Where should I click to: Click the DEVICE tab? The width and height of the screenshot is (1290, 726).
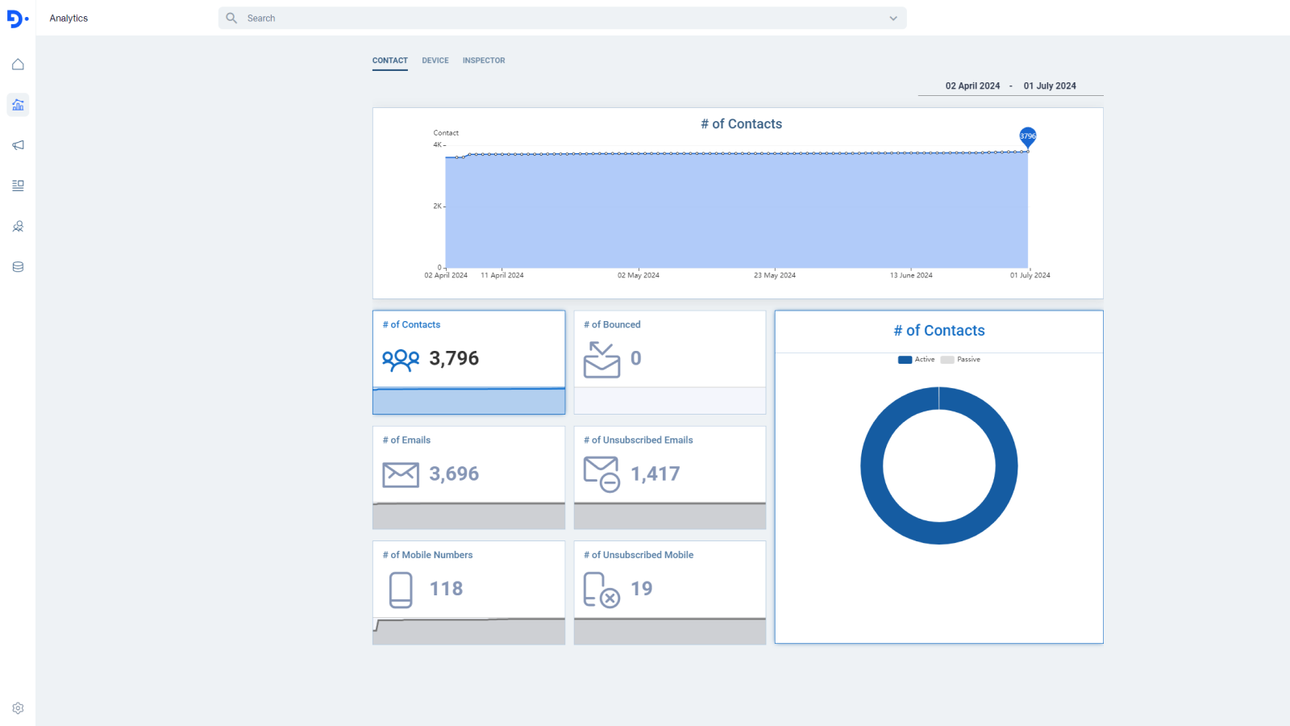coord(435,60)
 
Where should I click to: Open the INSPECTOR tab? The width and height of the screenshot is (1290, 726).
coord(484,60)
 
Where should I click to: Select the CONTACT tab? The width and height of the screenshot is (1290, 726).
coord(389,60)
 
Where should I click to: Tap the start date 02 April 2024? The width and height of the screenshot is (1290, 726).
coord(972,86)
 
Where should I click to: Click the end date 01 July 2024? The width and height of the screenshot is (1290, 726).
coord(1050,86)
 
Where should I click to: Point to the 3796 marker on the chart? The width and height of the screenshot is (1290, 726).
coord(1027,136)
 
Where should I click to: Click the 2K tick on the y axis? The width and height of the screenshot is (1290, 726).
coord(438,206)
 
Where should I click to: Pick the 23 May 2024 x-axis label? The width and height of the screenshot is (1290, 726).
coord(774,275)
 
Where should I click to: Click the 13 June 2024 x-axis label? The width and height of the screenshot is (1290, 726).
coord(911,275)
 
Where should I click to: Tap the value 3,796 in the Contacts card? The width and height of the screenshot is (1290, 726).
coord(454,358)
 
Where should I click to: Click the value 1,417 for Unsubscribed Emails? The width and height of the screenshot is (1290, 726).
coord(655,474)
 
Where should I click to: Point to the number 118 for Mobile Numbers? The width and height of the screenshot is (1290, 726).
coord(446,589)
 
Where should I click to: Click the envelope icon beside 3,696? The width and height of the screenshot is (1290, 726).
coord(401,474)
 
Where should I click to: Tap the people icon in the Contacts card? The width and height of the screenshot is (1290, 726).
coord(401,360)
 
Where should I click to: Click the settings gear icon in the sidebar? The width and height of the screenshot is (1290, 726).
coord(18,708)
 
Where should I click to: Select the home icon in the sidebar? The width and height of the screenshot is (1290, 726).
coord(18,65)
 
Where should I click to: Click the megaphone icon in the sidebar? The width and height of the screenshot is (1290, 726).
coord(18,145)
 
